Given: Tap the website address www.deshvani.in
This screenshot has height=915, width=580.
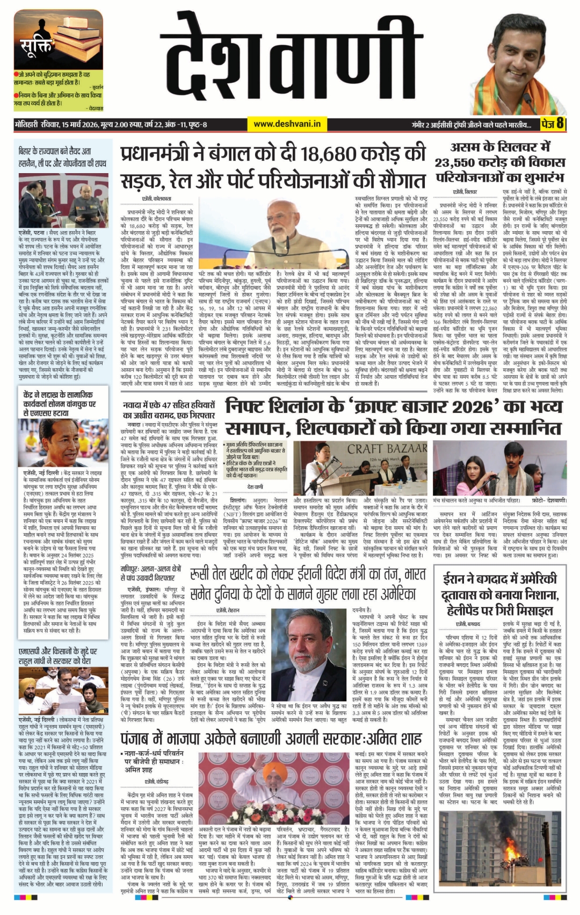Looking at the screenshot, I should [x=287, y=124].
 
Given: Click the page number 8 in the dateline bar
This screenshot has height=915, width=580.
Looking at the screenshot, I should [x=560, y=124].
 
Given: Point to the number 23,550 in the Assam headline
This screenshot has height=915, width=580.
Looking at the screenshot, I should [x=460, y=163].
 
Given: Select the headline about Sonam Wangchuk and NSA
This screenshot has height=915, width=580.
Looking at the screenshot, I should [x=60, y=403].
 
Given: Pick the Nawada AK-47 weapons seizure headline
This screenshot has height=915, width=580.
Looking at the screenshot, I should [x=169, y=410].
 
